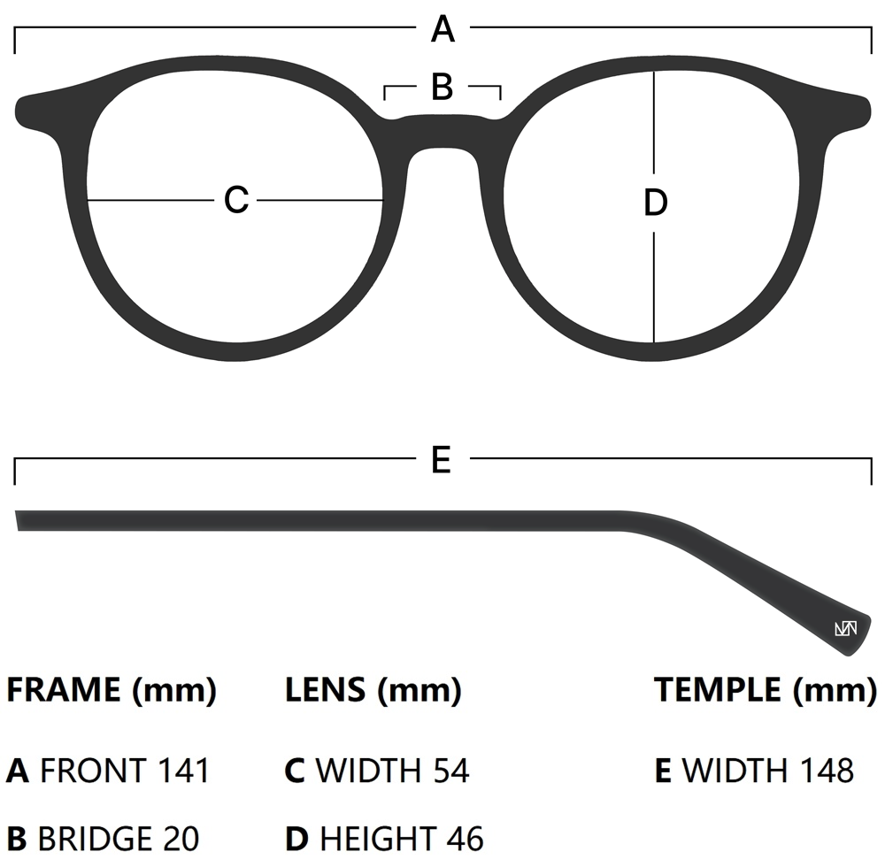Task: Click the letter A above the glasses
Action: point(442,30)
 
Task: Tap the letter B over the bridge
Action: point(442,87)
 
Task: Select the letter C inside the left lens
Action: point(236,200)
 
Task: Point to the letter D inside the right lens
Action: point(655,203)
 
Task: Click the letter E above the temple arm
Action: point(442,460)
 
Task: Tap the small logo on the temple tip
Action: point(845,629)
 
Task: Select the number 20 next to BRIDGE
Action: point(181,838)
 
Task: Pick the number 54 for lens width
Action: point(451,771)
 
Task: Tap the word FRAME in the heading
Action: point(64,690)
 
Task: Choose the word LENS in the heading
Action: point(325,690)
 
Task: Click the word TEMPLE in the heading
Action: point(718,690)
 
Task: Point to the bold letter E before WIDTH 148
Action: point(664,771)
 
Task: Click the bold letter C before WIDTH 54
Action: point(295,771)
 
